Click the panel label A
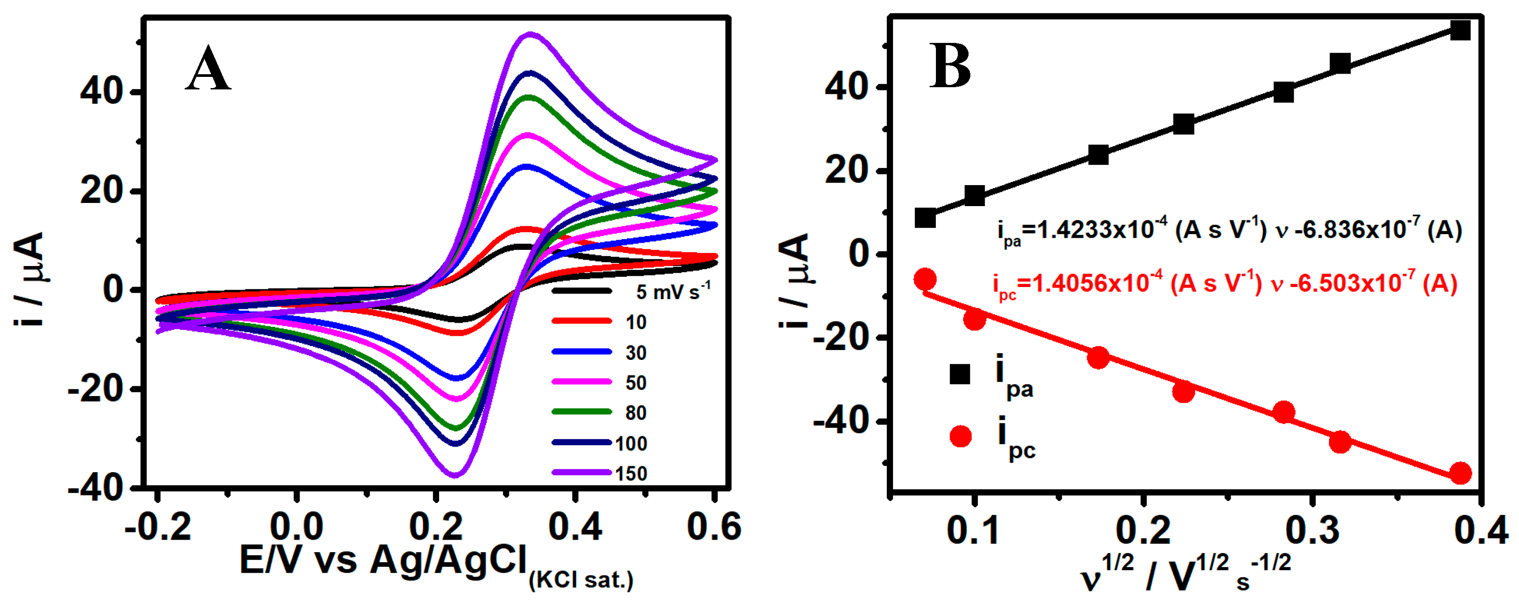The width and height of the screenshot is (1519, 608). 207,70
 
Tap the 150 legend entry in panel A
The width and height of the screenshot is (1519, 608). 630,473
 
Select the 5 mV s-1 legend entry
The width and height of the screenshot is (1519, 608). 672,291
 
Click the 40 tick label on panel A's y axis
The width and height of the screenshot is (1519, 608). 102,92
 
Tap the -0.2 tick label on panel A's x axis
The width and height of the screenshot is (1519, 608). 157,527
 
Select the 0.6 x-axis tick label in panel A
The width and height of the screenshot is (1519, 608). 714,527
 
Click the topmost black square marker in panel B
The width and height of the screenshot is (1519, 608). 1460,30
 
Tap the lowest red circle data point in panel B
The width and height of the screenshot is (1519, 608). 1460,473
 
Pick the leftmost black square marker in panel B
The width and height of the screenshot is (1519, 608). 925,218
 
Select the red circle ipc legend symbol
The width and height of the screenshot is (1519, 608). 960,436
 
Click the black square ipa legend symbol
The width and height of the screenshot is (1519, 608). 960,374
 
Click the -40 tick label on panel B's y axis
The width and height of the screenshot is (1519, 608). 842,422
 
